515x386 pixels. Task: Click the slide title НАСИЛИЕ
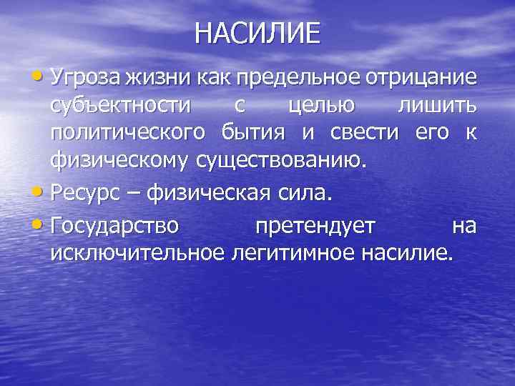pyautogui.click(x=257, y=34)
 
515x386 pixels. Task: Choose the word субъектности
pyautogui.click(x=121, y=105)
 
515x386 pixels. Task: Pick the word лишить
pyautogui.click(x=436, y=105)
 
